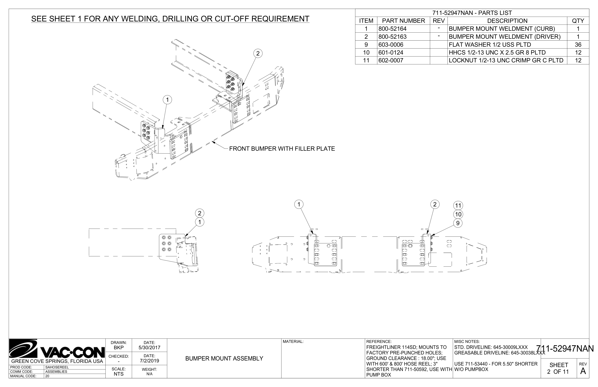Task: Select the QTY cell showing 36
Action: (x=578, y=45)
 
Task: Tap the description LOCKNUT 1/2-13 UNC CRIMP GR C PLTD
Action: (x=506, y=60)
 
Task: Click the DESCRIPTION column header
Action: (x=507, y=21)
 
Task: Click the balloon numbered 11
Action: (x=458, y=205)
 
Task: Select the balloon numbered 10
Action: (x=458, y=214)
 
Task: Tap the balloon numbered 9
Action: (x=458, y=223)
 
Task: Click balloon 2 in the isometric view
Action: (x=258, y=53)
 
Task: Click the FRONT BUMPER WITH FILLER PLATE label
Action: (x=282, y=149)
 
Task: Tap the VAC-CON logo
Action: (x=57, y=349)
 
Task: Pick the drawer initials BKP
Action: (x=119, y=348)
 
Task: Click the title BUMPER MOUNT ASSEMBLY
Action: (x=224, y=359)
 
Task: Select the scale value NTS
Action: (x=119, y=374)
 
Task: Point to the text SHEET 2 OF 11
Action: (x=558, y=368)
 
